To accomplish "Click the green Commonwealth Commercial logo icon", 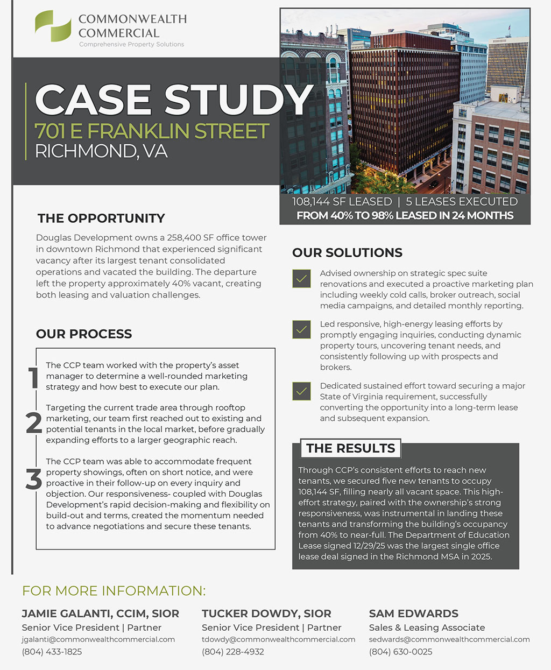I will (53, 26).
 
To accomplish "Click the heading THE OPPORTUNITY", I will (101, 218).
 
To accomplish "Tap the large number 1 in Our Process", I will (33, 377).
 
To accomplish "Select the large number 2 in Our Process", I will (33, 423).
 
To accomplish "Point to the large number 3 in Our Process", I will (33, 479).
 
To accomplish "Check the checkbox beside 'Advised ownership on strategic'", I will (301, 278).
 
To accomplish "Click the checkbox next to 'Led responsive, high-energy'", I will (301, 329).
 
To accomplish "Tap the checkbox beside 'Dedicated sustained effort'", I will (301, 391).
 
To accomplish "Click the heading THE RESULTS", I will (350, 448).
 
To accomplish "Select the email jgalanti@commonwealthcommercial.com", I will (98, 639).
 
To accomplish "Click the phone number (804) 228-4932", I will (233, 652).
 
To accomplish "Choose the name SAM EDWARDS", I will (414, 613).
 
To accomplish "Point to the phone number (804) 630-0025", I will (401, 652).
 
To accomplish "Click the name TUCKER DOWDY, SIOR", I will (266, 613).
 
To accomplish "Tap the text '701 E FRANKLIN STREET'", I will (152, 131).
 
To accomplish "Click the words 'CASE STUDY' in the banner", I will (173, 100).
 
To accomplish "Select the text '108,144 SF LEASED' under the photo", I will (342, 202).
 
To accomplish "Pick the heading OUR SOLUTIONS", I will (347, 253).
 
